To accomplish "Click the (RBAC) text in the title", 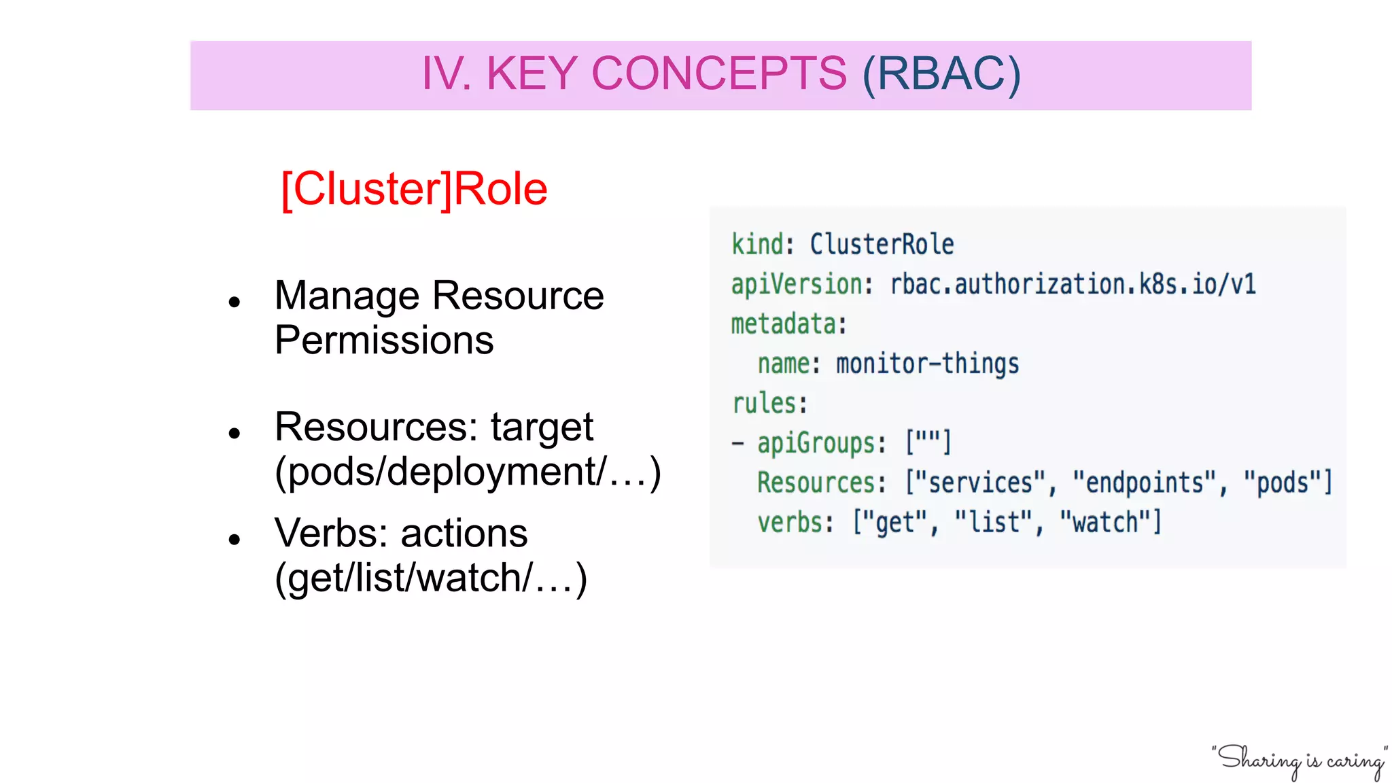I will tap(941, 73).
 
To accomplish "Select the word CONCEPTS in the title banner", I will tap(719, 73).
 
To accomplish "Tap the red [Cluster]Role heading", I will tap(414, 189).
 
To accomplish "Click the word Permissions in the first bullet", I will tap(384, 340).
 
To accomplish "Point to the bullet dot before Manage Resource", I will tap(235, 301).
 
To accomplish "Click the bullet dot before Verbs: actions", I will tap(235, 540).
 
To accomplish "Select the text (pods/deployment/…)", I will tap(468, 472).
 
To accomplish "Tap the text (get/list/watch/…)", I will tap(431, 578).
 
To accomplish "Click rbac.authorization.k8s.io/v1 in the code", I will tap(1073, 284).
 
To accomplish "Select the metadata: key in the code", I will tap(788, 324).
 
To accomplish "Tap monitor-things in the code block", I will tap(927, 364).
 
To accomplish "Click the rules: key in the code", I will tap(769, 403).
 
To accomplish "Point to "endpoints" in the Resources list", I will tap(1145, 483).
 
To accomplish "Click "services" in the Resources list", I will tap(976, 483).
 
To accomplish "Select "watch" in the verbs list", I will tap(1104, 523).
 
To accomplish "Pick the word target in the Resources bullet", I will tap(542, 427).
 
